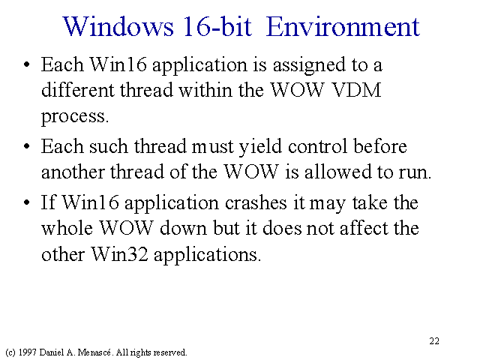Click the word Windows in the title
point(118,27)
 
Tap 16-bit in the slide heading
point(217,26)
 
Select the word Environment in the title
point(343,27)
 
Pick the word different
point(77,90)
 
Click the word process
point(75,117)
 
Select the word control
point(317,147)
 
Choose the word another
point(73,172)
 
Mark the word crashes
point(256,202)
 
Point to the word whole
point(67,228)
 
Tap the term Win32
point(119,254)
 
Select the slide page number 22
point(434,341)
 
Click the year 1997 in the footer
point(28,352)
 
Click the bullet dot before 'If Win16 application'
point(27,202)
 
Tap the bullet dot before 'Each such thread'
point(27,146)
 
